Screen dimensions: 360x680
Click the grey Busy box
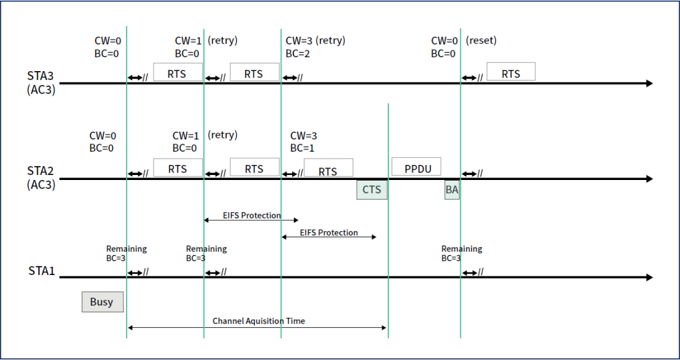click(x=102, y=301)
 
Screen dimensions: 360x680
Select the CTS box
click(x=371, y=189)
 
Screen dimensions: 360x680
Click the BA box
click(x=451, y=189)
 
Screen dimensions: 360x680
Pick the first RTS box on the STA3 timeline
click(x=178, y=72)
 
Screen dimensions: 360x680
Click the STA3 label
click(x=40, y=76)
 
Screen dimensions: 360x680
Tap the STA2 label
click(x=40, y=171)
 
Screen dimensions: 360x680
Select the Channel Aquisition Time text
click(x=259, y=321)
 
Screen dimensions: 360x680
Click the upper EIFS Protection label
click(x=252, y=215)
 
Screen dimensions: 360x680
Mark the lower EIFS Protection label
click(x=329, y=233)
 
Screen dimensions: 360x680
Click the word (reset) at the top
click(x=481, y=41)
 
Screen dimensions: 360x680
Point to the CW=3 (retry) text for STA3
click(x=315, y=41)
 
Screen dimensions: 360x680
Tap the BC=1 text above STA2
click(x=302, y=149)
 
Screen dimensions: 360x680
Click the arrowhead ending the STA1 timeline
click(x=649, y=278)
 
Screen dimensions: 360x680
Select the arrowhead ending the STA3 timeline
click(x=649, y=84)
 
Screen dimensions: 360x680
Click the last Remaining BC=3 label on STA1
click(x=462, y=253)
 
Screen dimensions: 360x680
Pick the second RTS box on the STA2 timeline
click(x=254, y=168)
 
